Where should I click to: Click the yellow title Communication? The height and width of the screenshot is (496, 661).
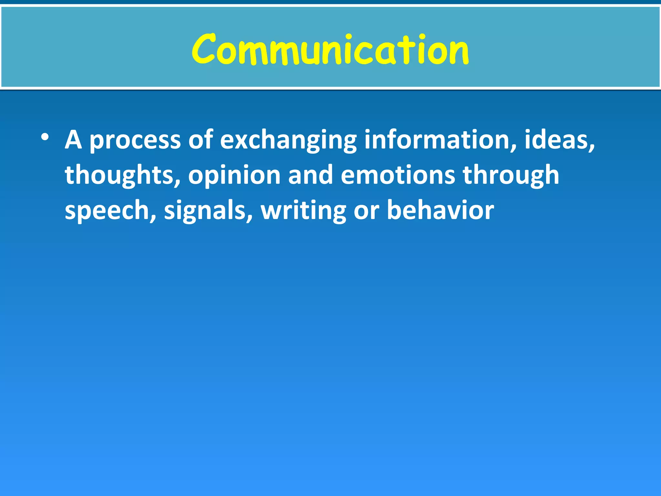pos(330,49)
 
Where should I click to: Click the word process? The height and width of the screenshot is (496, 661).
pos(135,140)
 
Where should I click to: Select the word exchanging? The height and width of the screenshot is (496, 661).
pos(288,140)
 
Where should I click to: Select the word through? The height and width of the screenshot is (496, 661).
pos(511,175)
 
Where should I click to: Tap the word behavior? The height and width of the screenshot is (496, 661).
pos(440,210)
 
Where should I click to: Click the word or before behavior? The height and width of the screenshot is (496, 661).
pos(366,211)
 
